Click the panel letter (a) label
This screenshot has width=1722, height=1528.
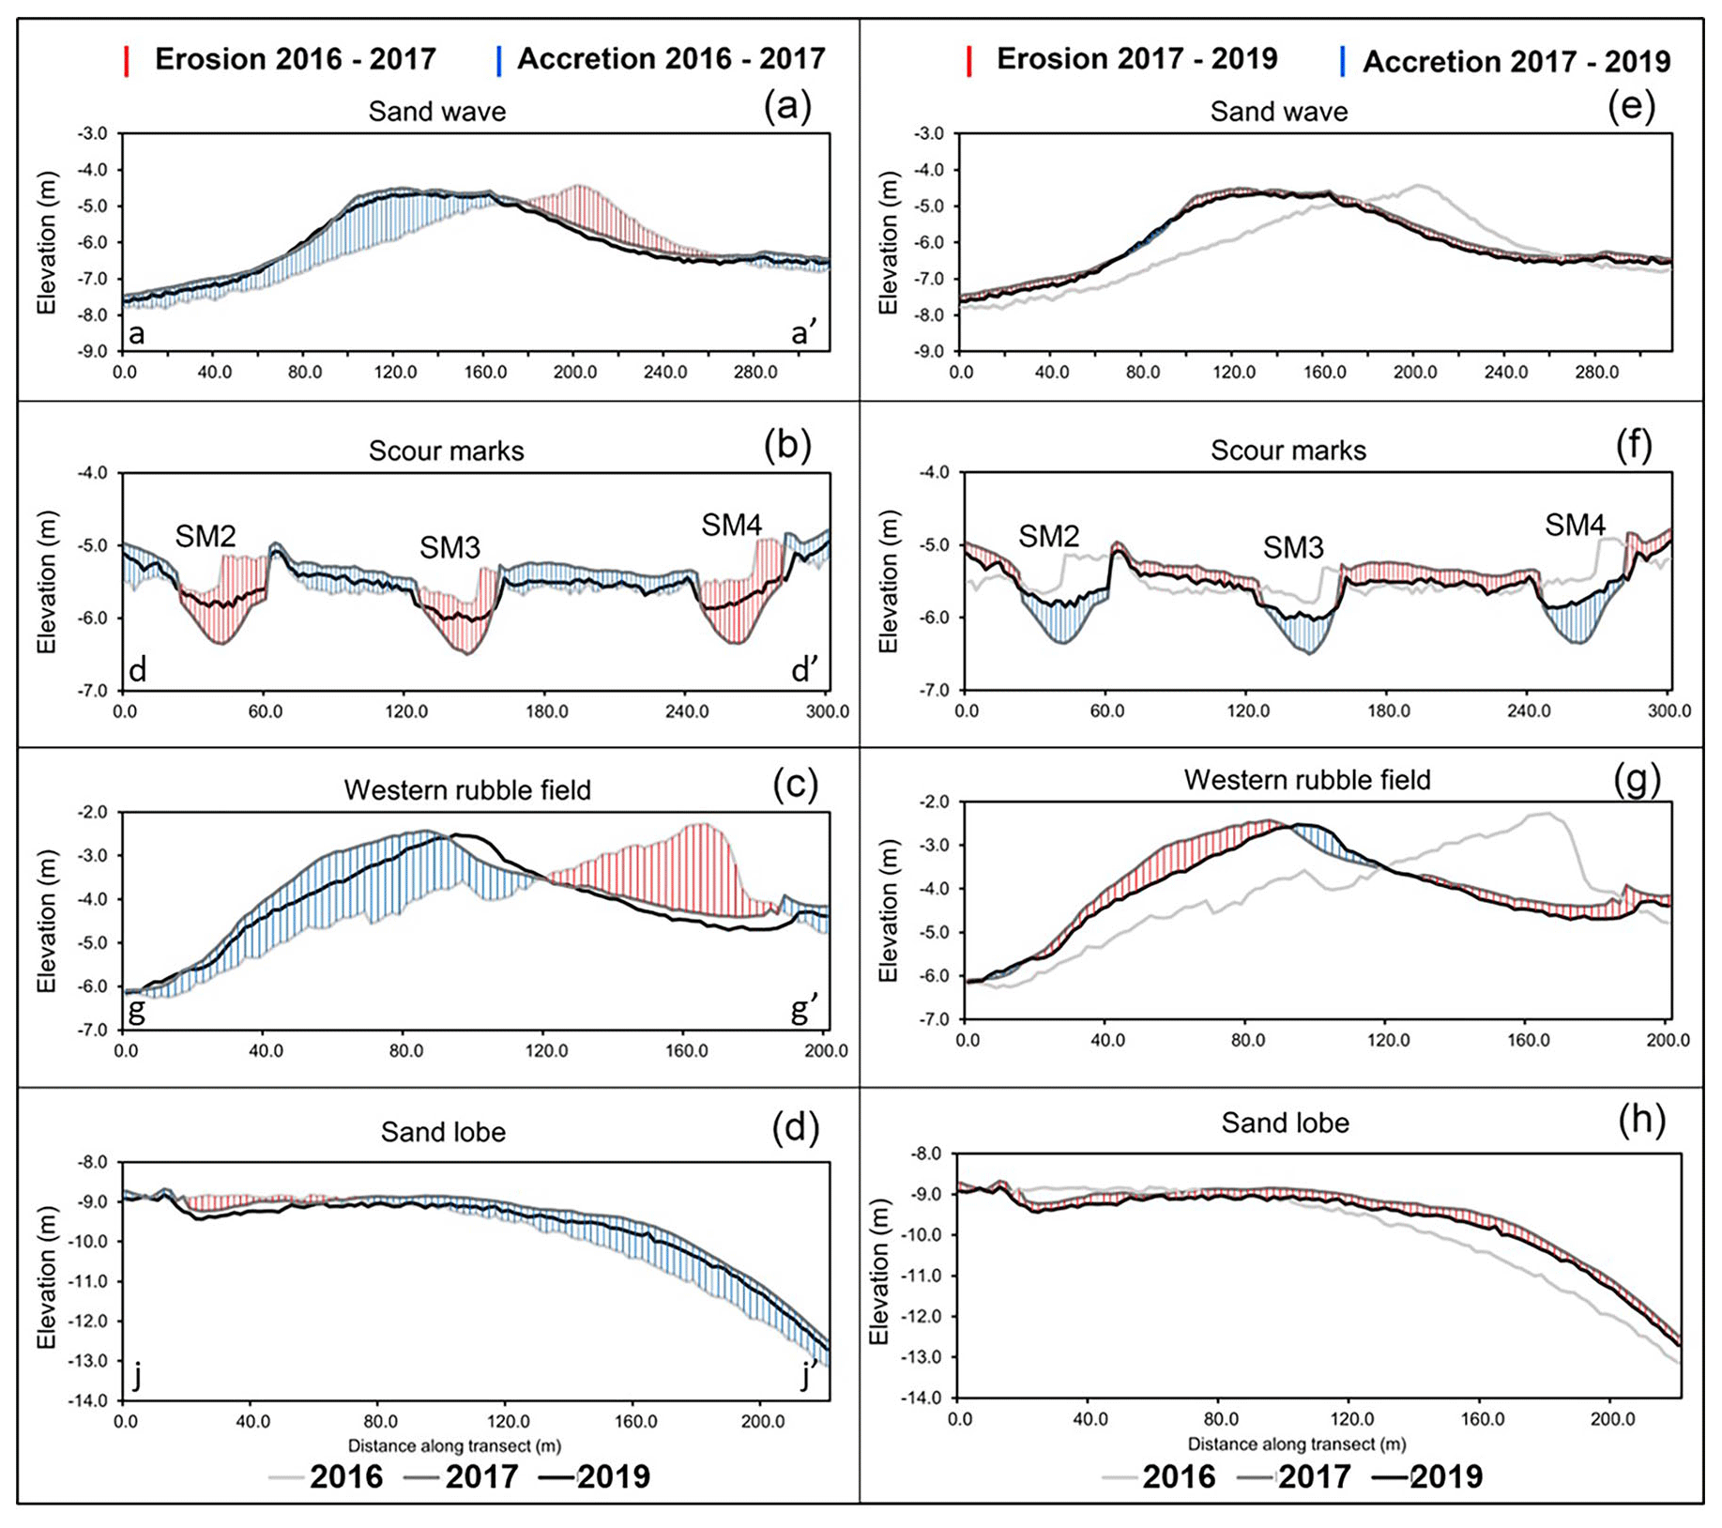coord(786,107)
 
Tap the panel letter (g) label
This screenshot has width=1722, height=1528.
coord(1636,779)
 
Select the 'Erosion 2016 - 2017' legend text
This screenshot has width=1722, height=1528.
coord(295,59)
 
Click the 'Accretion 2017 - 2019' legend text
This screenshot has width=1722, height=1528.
coord(1516,62)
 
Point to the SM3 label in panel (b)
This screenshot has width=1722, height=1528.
coord(450,547)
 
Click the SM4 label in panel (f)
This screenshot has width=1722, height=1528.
coord(1575,525)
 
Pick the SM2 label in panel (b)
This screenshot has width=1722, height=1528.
coord(206,536)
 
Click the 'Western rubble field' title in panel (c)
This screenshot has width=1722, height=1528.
coord(467,790)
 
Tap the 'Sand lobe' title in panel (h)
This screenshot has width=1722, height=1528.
coord(1285,1123)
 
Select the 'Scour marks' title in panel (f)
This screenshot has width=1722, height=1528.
coord(1288,451)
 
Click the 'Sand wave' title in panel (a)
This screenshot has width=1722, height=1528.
coord(436,112)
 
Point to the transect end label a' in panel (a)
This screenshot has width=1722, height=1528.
coord(804,332)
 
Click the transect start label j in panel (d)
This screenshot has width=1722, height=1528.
coord(138,1375)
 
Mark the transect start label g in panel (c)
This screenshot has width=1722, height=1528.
coord(137,1010)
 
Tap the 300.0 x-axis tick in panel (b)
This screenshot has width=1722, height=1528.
coord(827,711)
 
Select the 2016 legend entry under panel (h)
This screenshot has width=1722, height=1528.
coord(1179,1476)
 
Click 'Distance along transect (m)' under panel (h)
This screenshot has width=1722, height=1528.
coord(1296,1444)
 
